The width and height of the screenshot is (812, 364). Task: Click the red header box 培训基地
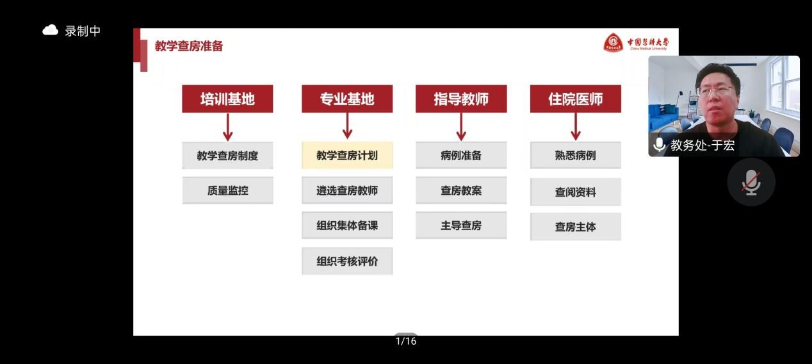227,99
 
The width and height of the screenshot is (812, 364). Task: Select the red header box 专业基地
347,99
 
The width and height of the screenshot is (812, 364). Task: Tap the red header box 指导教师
461,99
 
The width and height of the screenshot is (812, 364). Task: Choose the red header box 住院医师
575,99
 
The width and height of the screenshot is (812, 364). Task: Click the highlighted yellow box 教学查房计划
347,156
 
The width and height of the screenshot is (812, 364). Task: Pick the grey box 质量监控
227,190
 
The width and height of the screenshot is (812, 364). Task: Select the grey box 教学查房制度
227,156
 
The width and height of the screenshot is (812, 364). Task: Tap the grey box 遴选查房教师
347,190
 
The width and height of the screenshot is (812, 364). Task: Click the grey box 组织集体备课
347,226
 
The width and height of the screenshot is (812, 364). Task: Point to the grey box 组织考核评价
347,261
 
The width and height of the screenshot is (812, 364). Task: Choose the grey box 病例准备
461,156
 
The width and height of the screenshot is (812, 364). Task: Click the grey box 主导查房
461,226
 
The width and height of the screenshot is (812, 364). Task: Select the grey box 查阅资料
575,192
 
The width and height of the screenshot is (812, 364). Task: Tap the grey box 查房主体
575,227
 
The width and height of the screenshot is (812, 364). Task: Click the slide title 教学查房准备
189,46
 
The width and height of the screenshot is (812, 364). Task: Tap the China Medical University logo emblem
613,43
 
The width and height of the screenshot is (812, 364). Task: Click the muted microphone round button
751,182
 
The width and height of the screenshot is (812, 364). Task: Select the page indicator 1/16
406,341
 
